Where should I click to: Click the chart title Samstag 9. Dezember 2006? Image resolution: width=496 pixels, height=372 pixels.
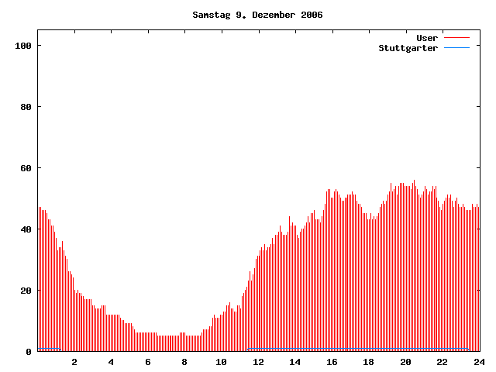(257, 15)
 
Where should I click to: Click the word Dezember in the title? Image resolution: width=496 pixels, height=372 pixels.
(267, 15)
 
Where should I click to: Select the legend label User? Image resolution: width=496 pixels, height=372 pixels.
(427, 38)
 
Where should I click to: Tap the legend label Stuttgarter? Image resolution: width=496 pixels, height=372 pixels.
(408, 48)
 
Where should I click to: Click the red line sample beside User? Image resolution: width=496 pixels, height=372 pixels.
(456, 38)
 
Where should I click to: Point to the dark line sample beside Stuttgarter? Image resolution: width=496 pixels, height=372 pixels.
(456, 48)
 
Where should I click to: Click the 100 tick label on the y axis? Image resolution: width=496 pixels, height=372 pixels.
(23, 46)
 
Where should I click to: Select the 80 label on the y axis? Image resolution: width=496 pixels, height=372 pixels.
(26, 107)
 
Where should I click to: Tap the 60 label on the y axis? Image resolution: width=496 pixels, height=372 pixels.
(26, 168)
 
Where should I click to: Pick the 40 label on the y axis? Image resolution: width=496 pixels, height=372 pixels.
(26, 229)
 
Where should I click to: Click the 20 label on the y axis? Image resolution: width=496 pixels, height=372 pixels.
(26, 291)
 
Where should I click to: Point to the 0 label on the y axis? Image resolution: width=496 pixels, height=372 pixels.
(29, 352)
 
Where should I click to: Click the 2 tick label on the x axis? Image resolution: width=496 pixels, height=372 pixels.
(74, 362)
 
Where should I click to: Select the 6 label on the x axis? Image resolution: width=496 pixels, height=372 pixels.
(148, 362)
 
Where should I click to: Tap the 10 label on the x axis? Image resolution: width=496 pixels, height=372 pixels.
(222, 362)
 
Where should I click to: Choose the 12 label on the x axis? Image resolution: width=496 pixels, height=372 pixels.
(258, 362)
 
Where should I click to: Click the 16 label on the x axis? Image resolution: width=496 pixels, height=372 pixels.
(332, 362)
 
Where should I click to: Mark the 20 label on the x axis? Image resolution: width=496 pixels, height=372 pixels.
(405, 362)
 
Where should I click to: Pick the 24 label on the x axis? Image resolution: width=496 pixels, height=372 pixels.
(479, 362)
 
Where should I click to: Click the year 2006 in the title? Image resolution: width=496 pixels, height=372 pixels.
(312, 15)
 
